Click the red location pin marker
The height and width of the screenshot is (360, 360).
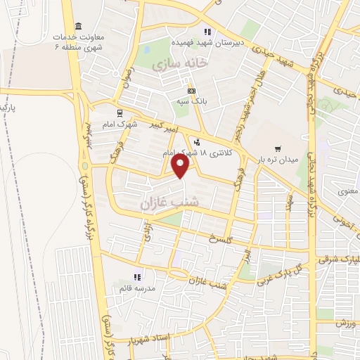click(x=181, y=166)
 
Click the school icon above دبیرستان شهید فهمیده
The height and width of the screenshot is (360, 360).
click(x=207, y=32)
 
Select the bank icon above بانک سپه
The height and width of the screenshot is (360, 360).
click(x=191, y=91)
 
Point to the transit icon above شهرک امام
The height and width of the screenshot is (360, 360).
click(x=120, y=111)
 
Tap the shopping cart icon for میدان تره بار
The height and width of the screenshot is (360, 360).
click(x=279, y=148)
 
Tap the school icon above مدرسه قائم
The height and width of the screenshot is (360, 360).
click(x=137, y=277)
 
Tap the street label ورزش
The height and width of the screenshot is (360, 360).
click(x=345, y=323)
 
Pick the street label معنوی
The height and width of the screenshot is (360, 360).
click(x=347, y=191)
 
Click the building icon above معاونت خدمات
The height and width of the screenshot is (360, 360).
click(x=77, y=25)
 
